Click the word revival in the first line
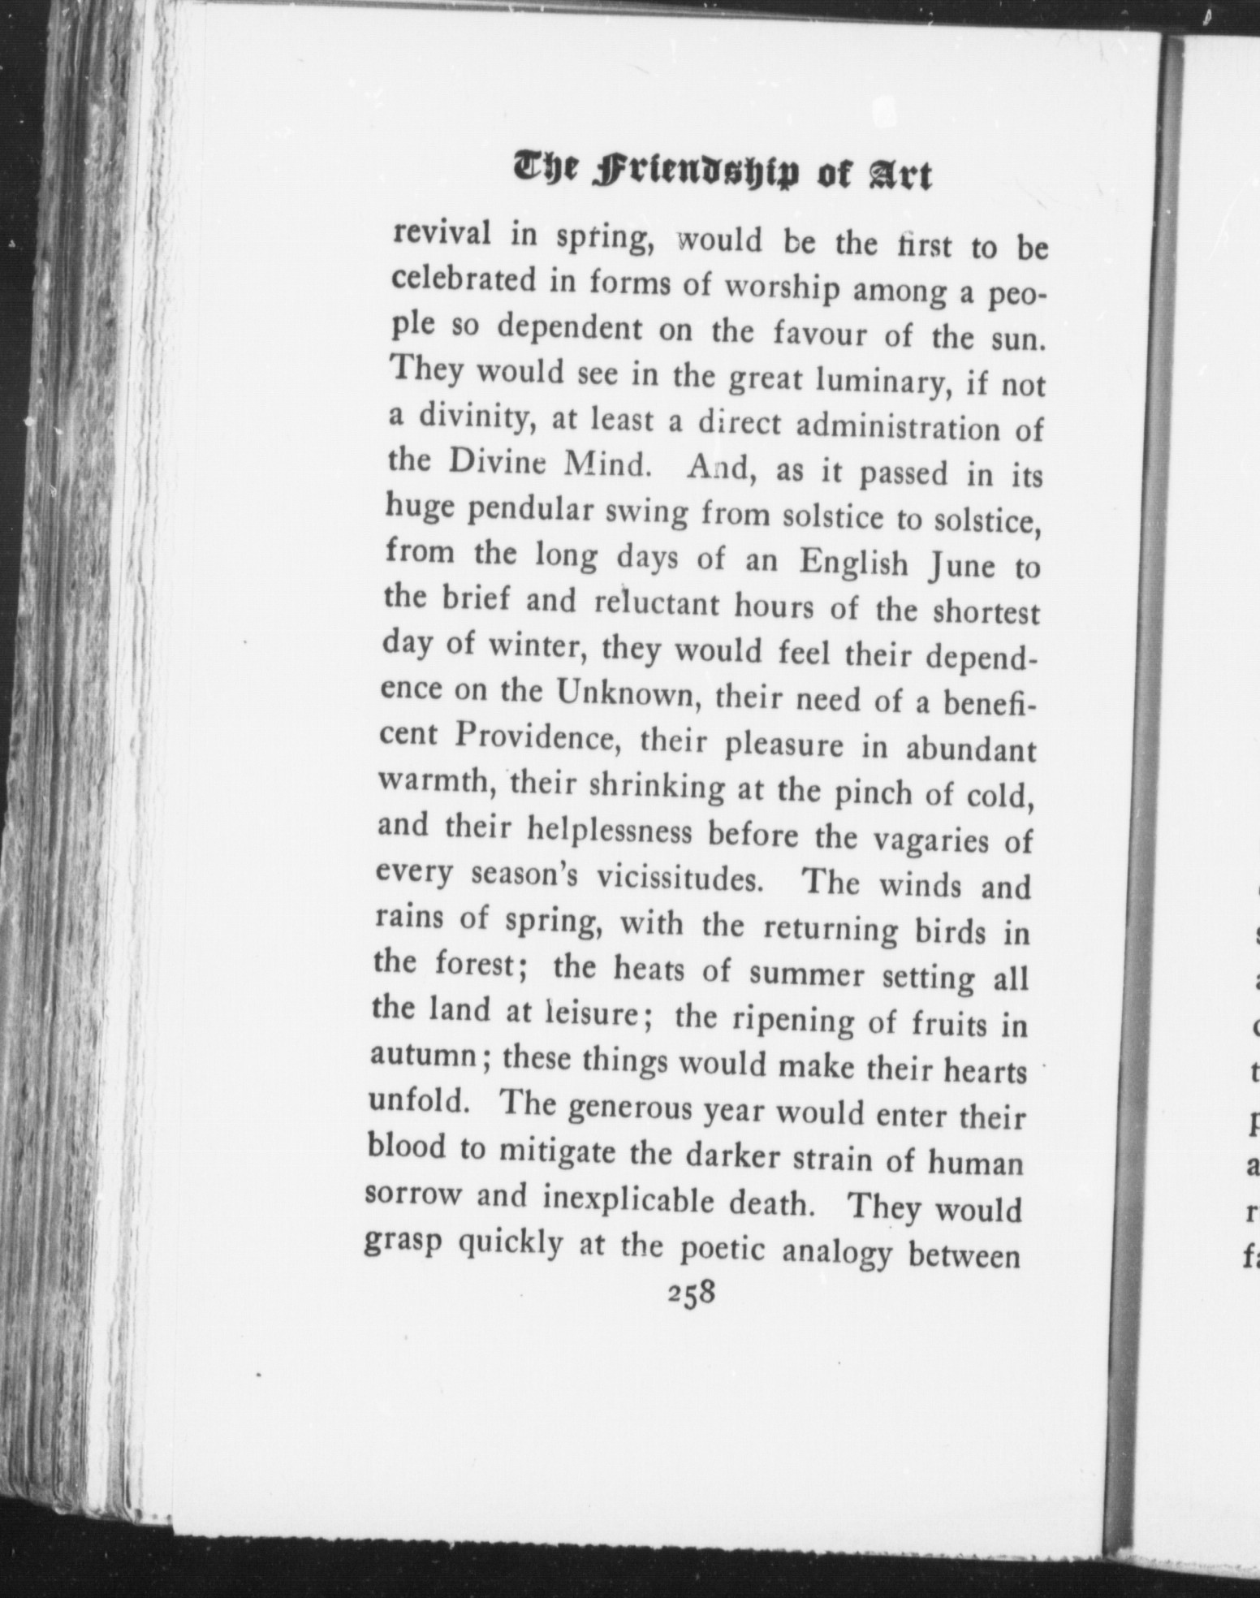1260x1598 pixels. click(442, 235)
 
